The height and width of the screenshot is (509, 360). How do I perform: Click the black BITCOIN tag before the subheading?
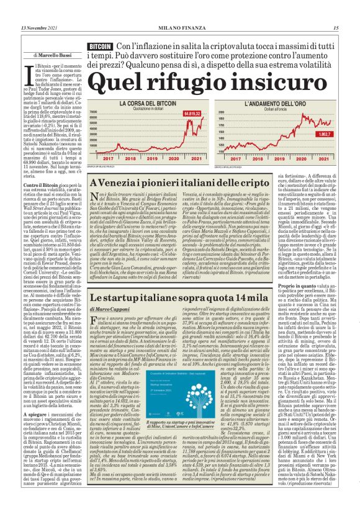pos(101,47)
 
